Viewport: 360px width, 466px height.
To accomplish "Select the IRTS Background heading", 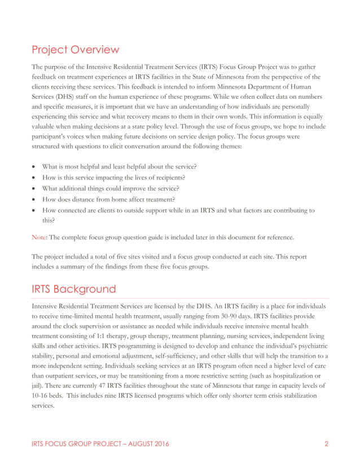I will click(73, 289).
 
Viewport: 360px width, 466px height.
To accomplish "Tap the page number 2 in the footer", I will click(326, 444).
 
